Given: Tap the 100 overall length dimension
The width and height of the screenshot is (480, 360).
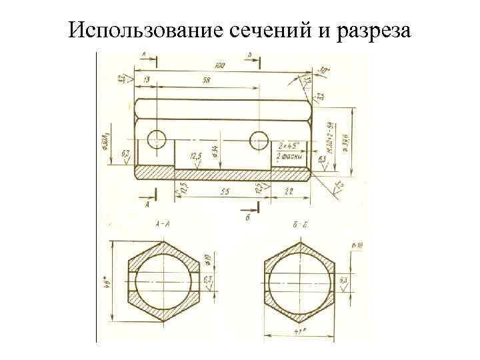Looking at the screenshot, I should point(219,65).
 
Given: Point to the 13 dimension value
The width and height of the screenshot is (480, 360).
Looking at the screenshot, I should point(146,80).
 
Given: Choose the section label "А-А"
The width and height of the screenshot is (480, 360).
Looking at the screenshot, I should point(161,225).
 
